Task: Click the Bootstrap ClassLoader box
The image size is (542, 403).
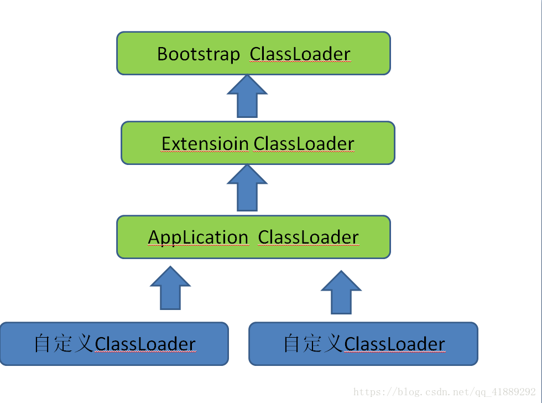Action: (x=253, y=53)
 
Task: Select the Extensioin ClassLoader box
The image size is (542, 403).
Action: (x=258, y=143)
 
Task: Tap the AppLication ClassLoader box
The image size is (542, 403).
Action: (x=253, y=237)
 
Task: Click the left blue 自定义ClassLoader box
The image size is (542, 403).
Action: (x=114, y=344)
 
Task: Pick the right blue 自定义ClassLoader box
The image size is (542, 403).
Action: (x=363, y=344)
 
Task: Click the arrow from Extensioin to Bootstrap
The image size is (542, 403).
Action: (x=247, y=96)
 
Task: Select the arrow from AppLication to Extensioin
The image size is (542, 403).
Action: (x=247, y=188)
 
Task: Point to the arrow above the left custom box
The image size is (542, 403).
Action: (x=170, y=288)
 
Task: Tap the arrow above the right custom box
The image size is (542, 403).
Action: (x=341, y=292)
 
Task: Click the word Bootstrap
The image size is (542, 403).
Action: (x=199, y=54)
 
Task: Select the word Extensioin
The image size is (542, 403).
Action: (x=205, y=144)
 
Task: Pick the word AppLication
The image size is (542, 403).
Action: (x=198, y=238)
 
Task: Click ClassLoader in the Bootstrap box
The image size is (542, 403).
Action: (x=300, y=54)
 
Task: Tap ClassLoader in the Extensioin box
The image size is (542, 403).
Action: (x=304, y=144)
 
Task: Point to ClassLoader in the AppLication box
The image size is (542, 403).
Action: (x=309, y=237)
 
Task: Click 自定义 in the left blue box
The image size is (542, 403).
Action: (x=64, y=343)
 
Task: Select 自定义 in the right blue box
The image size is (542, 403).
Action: (x=313, y=343)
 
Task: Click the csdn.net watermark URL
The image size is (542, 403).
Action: (x=444, y=392)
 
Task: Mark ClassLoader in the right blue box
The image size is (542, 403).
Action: (x=394, y=344)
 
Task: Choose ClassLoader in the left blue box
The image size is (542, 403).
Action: (x=145, y=344)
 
